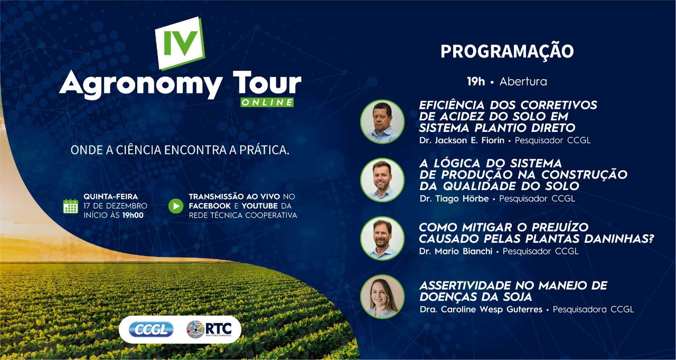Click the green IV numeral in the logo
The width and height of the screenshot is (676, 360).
[x=181, y=43]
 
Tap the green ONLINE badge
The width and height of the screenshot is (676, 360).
[x=267, y=102]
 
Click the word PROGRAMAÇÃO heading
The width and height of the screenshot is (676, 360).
[x=507, y=52]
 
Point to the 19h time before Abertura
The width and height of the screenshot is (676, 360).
[x=476, y=81]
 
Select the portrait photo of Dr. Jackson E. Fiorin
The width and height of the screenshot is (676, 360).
[x=382, y=121]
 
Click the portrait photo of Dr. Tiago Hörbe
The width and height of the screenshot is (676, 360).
[x=382, y=180]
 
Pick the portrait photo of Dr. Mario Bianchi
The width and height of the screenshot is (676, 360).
[x=382, y=238]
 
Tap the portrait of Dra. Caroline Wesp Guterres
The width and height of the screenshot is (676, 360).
[x=382, y=297]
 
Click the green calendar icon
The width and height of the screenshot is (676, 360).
[x=71, y=206]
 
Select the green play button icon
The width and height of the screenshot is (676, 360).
[x=176, y=206]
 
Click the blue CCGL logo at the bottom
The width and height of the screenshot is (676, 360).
[x=151, y=329]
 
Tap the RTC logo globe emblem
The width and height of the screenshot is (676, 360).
[x=195, y=329]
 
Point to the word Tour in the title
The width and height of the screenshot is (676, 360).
[x=267, y=82]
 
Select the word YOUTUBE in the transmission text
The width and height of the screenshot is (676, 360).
[x=260, y=206]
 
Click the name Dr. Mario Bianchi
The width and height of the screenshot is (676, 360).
[x=456, y=251]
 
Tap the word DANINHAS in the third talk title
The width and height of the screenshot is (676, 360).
[x=619, y=239]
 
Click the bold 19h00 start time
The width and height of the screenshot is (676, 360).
[x=133, y=215]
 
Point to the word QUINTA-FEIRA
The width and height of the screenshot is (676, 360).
[x=111, y=196]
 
